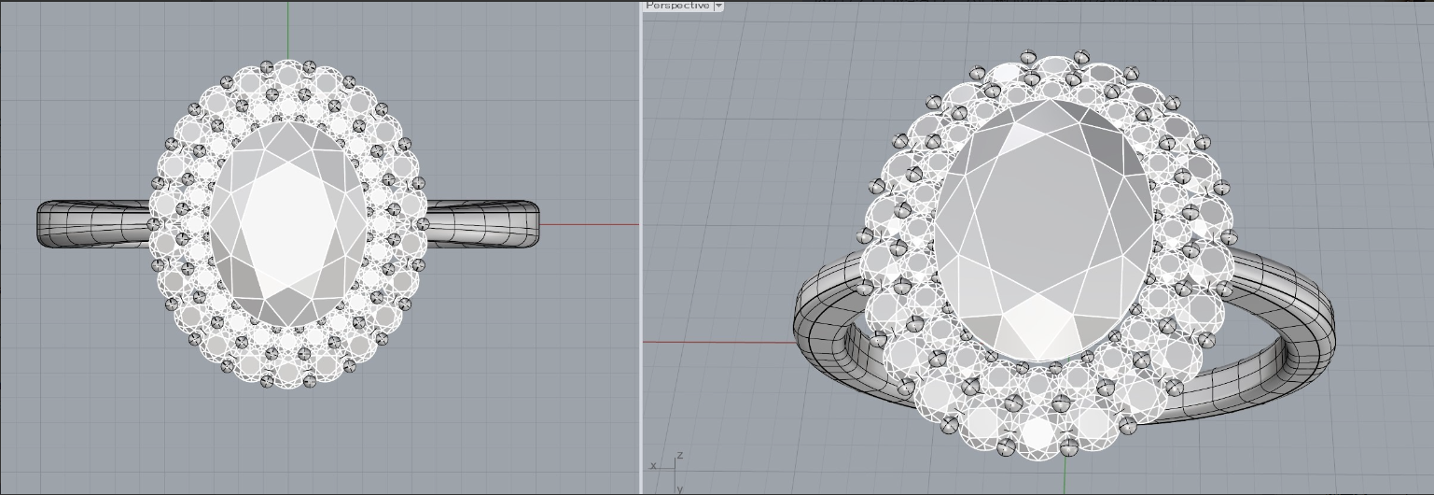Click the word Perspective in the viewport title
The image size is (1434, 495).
pos(677,5)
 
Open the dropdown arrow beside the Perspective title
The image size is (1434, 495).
pos(718,5)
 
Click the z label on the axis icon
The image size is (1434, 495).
pos(680,455)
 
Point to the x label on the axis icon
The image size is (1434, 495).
pos(653,465)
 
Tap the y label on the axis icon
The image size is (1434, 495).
pos(680,488)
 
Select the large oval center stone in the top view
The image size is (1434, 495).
pos(288,224)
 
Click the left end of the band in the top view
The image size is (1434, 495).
pos(40,224)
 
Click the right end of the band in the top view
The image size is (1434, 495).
pos(536,224)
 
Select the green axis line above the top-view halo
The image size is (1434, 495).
pos(288,30)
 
